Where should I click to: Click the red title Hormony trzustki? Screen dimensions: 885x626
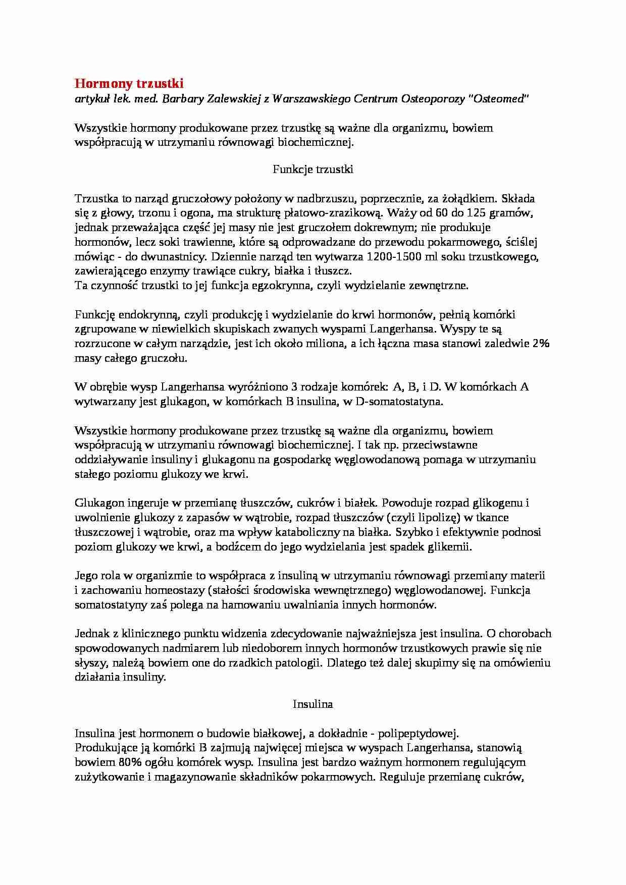(129, 83)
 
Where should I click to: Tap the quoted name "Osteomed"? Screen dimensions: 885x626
(497, 99)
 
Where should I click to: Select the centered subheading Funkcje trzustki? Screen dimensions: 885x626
(313, 170)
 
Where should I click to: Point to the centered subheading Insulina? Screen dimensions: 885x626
(313, 704)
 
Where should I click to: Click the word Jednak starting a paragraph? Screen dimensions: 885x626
(91, 634)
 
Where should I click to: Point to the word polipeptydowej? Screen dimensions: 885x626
(418, 733)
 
